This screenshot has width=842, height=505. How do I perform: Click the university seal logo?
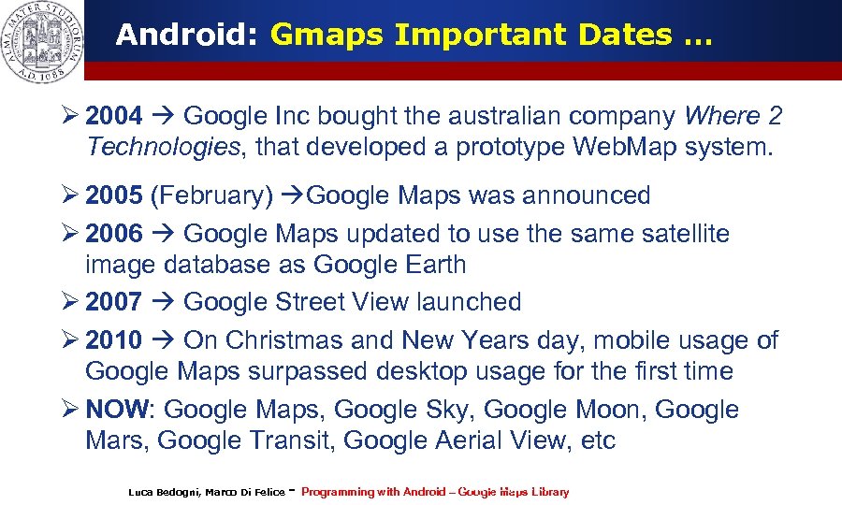(42, 42)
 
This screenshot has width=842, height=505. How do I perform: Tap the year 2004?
(113, 117)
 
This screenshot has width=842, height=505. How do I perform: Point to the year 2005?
(113, 196)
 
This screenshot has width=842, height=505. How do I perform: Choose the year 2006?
(113, 234)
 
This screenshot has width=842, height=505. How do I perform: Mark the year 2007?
(113, 302)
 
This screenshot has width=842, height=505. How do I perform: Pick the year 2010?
(113, 340)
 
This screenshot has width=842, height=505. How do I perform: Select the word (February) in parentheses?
(211, 196)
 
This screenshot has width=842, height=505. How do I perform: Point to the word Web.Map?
(608, 147)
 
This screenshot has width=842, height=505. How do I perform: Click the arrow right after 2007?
(162, 302)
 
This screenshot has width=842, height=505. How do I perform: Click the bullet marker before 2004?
(67, 117)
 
